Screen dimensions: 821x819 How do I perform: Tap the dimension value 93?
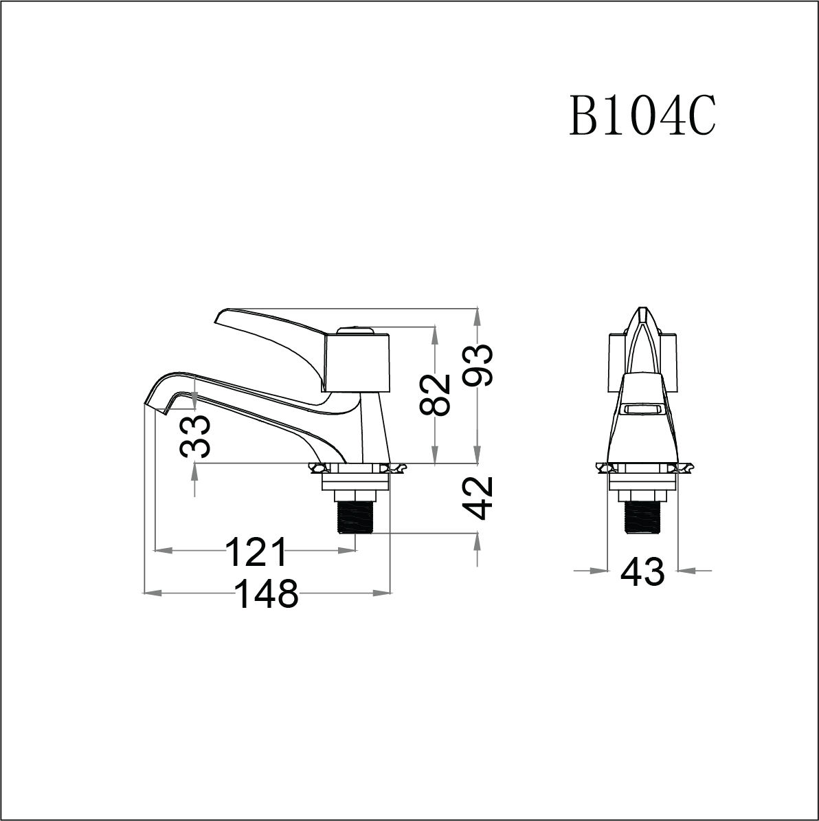478,365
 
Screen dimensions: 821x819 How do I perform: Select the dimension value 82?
435,394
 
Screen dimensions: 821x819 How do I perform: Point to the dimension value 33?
195,436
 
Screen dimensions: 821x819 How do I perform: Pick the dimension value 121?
256,551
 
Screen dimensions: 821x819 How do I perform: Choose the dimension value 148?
266,593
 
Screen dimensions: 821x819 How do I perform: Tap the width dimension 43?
642,571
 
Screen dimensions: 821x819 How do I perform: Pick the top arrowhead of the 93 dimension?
478,316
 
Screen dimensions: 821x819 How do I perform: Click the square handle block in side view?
358,363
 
